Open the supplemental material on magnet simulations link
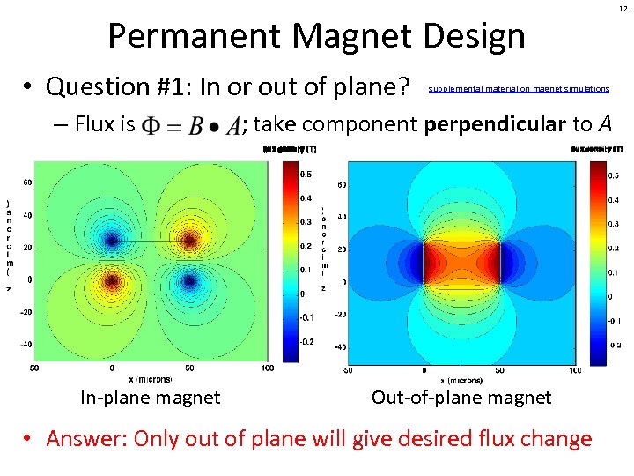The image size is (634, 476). [519, 89]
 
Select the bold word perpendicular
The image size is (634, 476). [494, 124]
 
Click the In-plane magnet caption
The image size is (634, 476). [151, 398]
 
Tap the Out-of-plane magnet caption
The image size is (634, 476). [461, 398]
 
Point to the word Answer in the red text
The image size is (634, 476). [81, 438]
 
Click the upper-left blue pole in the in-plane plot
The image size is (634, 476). [111, 240]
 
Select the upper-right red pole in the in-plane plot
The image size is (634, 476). [188, 240]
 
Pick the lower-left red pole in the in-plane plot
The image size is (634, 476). [111, 281]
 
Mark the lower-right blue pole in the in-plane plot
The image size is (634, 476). [188, 281]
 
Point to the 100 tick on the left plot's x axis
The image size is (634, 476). [266, 368]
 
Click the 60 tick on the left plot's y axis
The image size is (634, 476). [27, 182]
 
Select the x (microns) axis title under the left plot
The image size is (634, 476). [150, 379]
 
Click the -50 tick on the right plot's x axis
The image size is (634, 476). [349, 370]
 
